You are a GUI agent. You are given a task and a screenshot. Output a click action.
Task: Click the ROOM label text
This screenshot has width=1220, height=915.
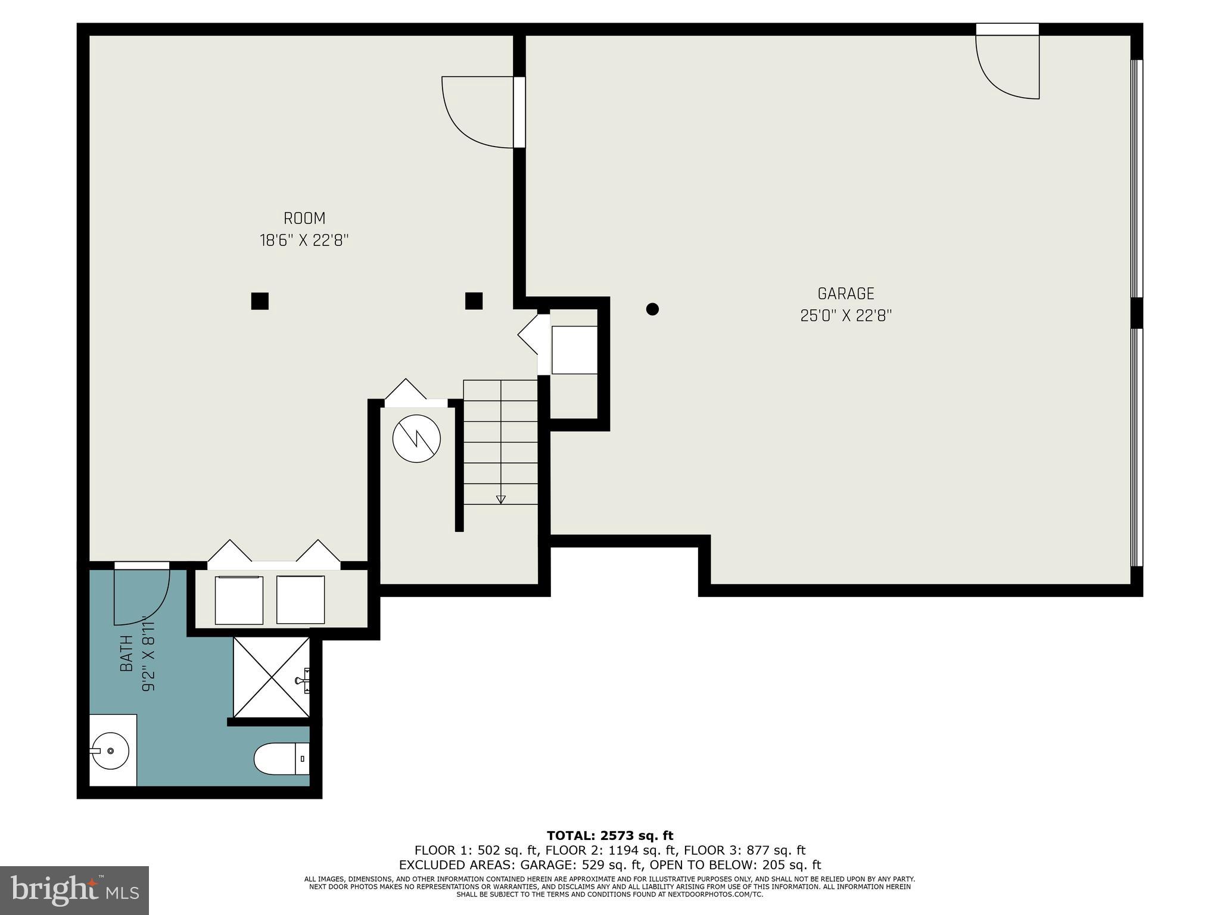(x=304, y=219)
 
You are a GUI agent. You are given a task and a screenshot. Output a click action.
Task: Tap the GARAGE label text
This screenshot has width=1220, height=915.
(x=845, y=294)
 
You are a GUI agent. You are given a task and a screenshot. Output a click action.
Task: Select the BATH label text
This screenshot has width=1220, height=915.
(x=126, y=653)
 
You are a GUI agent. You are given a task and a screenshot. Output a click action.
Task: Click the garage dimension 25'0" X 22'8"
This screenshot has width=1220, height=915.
(x=845, y=316)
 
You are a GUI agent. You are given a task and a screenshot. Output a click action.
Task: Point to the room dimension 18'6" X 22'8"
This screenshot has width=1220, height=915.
(x=304, y=241)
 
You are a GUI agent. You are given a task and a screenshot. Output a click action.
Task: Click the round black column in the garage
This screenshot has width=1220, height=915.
(x=652, y=309)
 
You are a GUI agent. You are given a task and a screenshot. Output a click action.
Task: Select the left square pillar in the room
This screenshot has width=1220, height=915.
(x=260, y=301)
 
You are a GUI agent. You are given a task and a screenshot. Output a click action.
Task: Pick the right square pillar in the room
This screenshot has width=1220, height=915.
(x=474, y=301)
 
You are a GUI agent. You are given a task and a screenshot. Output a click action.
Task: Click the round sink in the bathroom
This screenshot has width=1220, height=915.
(x=110, y=751)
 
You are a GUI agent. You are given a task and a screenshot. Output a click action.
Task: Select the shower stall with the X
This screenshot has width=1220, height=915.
(x=271, y=677)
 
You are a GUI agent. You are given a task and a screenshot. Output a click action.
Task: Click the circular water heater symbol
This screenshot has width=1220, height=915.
(x=416, y=439)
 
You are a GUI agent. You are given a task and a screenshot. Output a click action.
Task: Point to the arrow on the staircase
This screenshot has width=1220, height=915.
(x=500, y=499)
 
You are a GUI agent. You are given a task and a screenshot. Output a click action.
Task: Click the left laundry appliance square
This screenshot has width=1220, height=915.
(x=239, y=600)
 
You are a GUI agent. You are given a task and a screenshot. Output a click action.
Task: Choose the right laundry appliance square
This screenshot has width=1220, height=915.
(x=300, y=600)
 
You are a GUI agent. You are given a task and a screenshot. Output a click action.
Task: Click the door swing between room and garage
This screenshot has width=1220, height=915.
(x=477, y=113)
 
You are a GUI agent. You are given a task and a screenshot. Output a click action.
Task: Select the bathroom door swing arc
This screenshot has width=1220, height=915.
(x=142, y=596)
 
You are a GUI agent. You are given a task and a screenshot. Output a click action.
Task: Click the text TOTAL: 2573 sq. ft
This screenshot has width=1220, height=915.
(x=609, y=836)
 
